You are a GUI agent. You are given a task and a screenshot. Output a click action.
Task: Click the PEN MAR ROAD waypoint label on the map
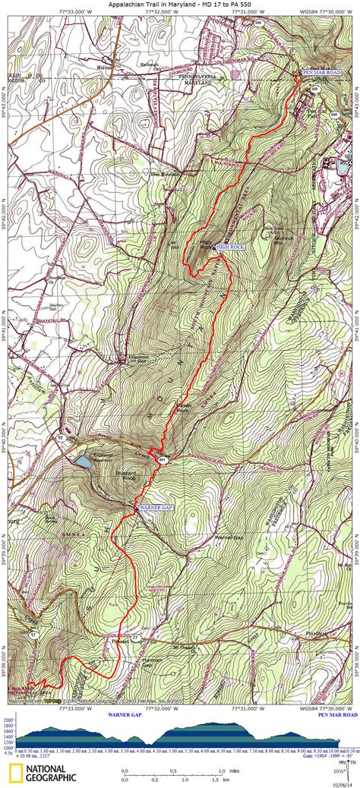(x=322, y=71)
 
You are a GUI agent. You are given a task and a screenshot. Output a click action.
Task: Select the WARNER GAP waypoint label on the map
(x=156, y=506)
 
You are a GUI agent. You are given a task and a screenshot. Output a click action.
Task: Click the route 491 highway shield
(x=162, y=460)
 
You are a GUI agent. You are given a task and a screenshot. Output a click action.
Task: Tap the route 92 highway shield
(x=59, y=439)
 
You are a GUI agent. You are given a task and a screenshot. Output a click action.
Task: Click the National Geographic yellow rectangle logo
(x=15, y=773)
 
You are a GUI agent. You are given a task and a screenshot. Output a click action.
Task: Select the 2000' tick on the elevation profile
(x=8, y=718)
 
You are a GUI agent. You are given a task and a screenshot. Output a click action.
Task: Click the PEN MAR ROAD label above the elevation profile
(x=337, y=714)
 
